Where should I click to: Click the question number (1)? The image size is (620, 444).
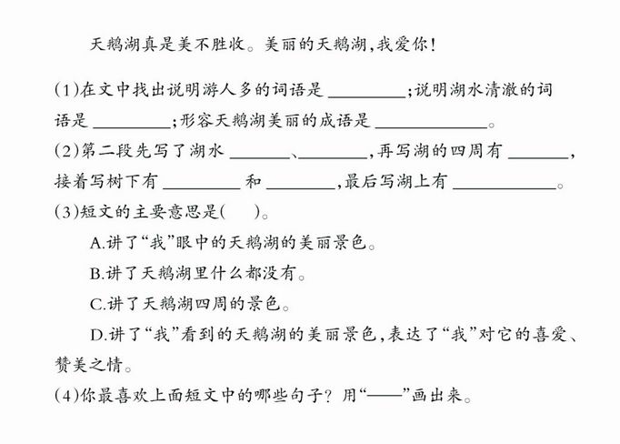tap(67, 91)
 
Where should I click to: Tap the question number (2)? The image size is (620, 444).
tap(67, 151)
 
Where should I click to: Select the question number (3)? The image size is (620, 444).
tap(67, 212)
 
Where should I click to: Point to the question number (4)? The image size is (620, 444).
tap(67, 395)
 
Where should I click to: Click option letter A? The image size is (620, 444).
tap(96, 243)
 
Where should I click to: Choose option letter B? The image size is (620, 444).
tap(96, 274)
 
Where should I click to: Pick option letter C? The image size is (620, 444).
tap(96, 304)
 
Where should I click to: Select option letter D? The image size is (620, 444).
tap(97, 335)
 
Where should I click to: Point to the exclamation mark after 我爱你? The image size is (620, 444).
tap(433, 45)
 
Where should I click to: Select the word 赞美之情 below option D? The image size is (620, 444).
tap(89, 365)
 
